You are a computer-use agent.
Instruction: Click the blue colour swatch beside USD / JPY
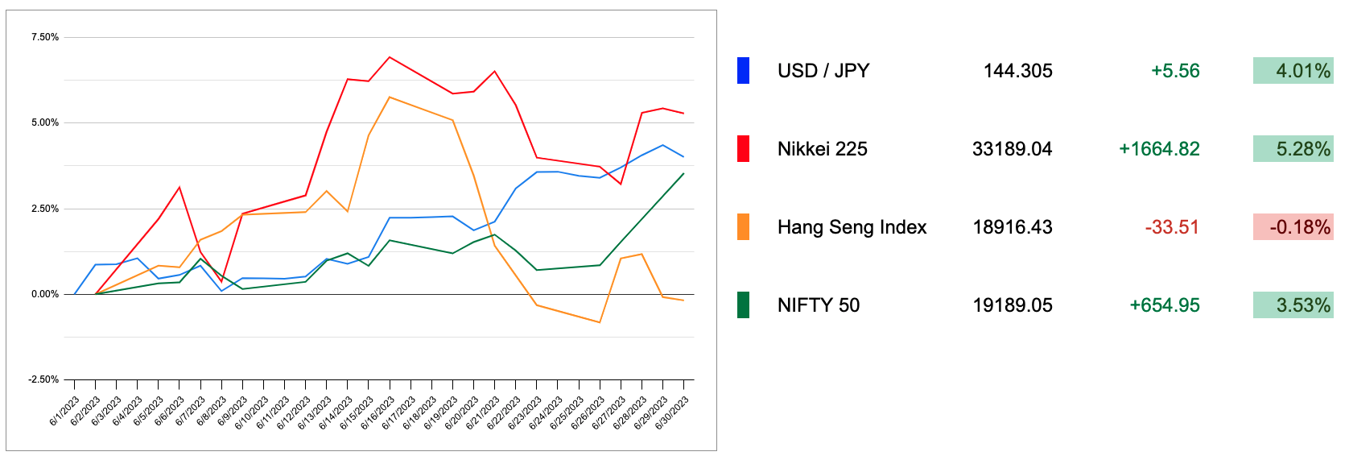coord(743,71)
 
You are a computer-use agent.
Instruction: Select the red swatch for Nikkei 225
coord(743,149)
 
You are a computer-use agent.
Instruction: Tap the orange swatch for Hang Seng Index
coord(743,227)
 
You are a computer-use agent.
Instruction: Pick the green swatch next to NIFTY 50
coord(743,305)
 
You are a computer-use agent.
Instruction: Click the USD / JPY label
coord(823,71)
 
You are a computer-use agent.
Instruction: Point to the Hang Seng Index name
coord(852,227)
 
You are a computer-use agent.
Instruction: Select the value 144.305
coord(1017,71)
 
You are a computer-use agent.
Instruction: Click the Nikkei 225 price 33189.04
coord(1012,149)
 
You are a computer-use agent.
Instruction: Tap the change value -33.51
coord(1172,227)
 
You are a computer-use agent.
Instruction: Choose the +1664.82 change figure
coord(1159,149)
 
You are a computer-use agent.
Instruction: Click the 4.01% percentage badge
coord(1293,71)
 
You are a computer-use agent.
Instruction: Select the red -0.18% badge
coord(1293,227)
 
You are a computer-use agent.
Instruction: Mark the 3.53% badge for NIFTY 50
coord(1293,305)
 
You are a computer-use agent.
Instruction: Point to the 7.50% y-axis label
coord(45,37)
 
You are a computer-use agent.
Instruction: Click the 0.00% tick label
coord(45,294)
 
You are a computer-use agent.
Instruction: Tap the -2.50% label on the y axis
coord(43,379)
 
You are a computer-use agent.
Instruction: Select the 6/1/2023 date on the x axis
coord(64,411)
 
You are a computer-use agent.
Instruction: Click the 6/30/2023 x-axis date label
coord(672,412)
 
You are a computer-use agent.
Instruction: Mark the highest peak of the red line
coord(390,57)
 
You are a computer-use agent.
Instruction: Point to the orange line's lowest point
coord(600,322)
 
